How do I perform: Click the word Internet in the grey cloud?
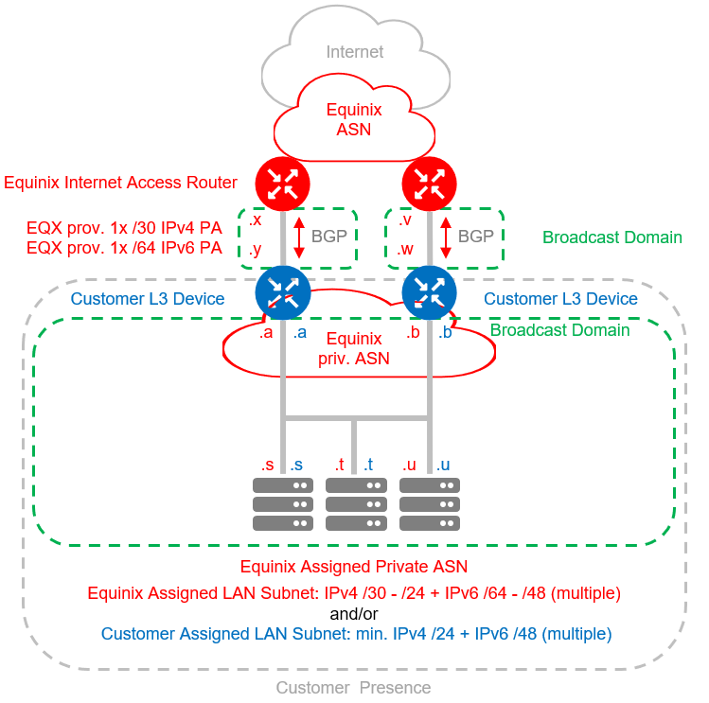click(355, 52)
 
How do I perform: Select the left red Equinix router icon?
click(282, 183)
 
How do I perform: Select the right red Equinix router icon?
click(430, 183)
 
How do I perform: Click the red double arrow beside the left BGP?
click(299, 237)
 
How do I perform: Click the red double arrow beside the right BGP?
click(447, 237)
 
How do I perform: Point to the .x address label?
click(255, 220)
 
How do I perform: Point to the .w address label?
click(405, 250)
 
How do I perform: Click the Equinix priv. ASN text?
click(355, 348)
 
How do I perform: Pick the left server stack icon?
click(282, 504)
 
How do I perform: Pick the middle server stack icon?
click(355, 504)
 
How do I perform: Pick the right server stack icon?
click(430, 504)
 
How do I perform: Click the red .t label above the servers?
click(339, 465)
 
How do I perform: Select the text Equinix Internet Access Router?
click(120, 183)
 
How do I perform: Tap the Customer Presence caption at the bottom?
click(353, 688)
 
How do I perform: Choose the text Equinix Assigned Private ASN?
click(353, 568)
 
